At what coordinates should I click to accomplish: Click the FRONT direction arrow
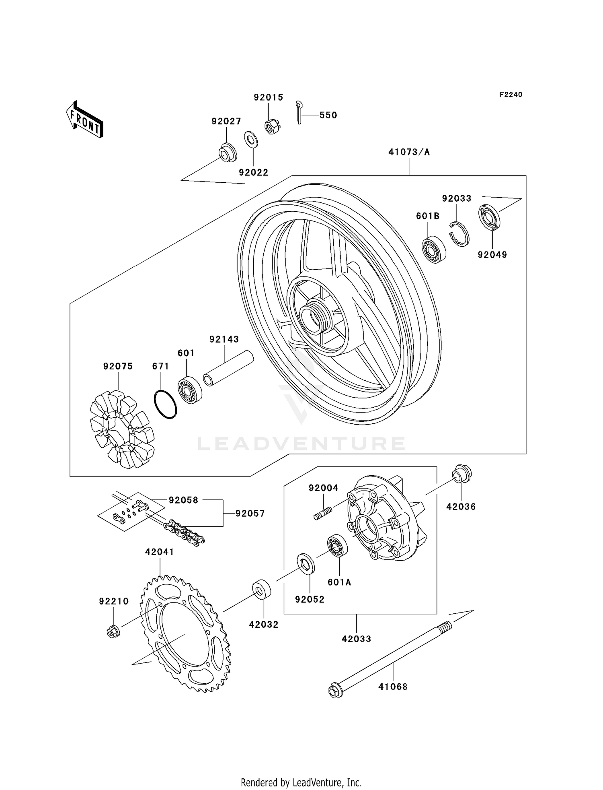(84, 120)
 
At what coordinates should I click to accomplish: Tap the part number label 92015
(268, 97)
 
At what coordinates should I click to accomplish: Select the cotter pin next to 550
(299, 112)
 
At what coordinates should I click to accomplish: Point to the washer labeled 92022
(251, 139)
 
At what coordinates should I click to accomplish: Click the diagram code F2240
(511, 95)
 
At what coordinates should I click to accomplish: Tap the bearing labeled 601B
(433, 249)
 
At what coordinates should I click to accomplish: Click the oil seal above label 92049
(489, 218)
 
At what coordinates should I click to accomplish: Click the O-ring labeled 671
(165, 404)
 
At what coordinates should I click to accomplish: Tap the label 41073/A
(409, 152)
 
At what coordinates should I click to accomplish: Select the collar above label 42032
(262, 589)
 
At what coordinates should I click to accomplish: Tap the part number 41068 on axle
(393, 687)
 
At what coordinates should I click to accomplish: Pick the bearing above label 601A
(337, 545)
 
